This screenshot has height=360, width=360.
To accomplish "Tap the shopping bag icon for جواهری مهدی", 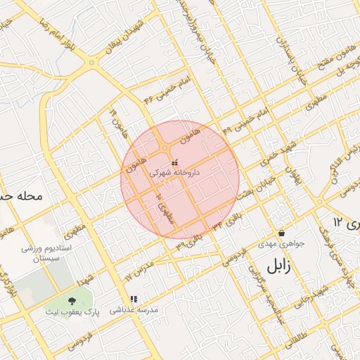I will point(281,233).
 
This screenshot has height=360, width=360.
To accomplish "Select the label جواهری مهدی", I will point(281,245).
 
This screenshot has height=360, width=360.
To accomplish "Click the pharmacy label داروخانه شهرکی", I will point(176,172).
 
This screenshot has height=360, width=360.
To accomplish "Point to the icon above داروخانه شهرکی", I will point(174,163).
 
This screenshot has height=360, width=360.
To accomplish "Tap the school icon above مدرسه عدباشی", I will point(134,299).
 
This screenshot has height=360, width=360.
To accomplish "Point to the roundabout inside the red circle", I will point(165,148).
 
